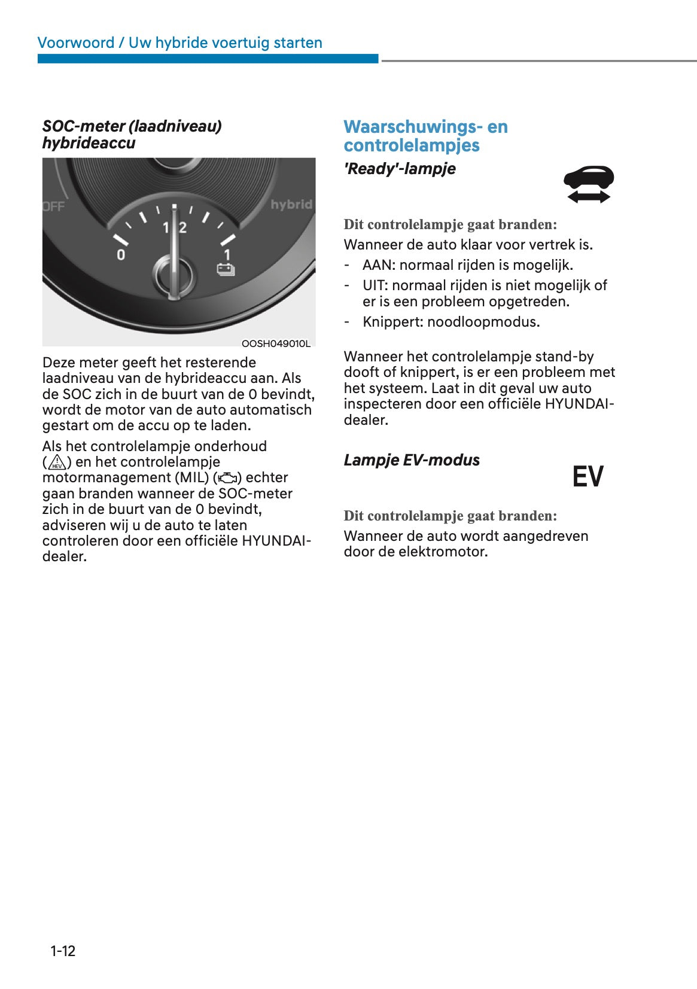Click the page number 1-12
(x=63, y=951)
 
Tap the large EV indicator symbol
(x=588, y=477)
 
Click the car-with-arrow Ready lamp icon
(x=588, y=184)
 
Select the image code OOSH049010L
(x=276, y=343)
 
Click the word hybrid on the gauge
(x=291, y=205)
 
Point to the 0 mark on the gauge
(x=121, y=255)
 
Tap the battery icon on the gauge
(x=226, y=270)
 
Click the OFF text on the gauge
(x=54, y=206)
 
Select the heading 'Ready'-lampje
(x=399, y=169)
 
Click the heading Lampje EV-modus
(x=411, y=460)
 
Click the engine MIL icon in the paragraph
(x=228, y=478)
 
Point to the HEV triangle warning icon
(x=57, y=463)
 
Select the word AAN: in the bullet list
(x=379, y=265)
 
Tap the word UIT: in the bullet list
(x=375, y=285)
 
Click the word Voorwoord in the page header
(x=75, y=42)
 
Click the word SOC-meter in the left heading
(x=83, y=126)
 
